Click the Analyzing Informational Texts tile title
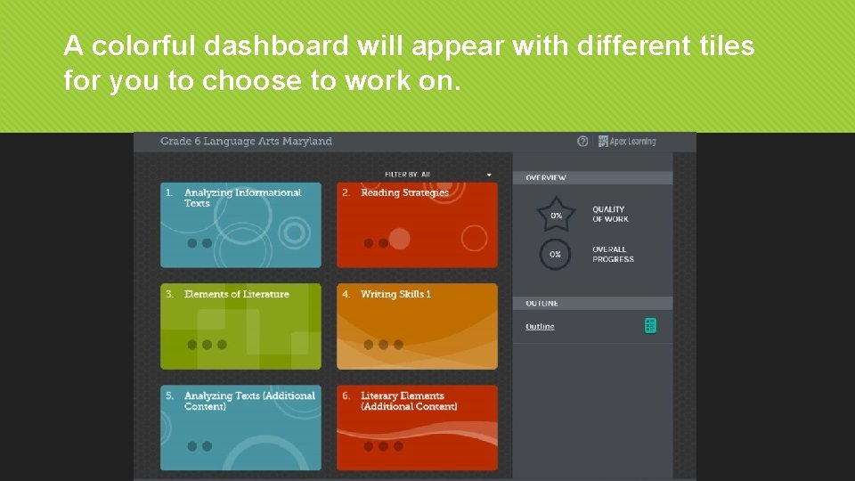tap(242, 198)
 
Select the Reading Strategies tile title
tap(404, 192)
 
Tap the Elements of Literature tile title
tap(236, 294)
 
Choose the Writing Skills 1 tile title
tap(395, 294)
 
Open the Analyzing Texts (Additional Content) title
tap(249, 401)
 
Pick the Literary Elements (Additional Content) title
tap(409, 401)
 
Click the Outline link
tap(540, 327)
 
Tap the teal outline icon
tap(650, 326)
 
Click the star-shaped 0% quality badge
tap(556, 215)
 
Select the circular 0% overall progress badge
tap(555, 255)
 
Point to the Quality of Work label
tap(610, 215)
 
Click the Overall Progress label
tap(613, 255)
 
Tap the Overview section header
tap(546, 178)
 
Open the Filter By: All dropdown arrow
tap(489, 175)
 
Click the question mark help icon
tap(582, 141)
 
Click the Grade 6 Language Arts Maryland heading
tap(246, 141)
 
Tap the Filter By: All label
tap(407, 175)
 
